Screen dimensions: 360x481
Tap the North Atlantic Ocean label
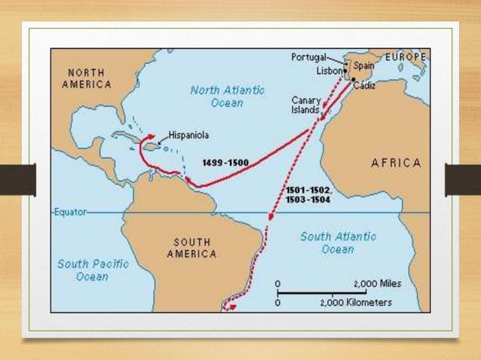[x=227, y=96]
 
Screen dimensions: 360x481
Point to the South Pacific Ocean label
[x=93, y=270]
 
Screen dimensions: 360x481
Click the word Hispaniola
[x=188, y=136]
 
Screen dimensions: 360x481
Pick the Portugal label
[x=309, y=57]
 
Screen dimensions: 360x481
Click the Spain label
[x=363, y=66]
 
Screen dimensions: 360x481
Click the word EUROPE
[x=406, y=57]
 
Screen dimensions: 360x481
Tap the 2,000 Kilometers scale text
[x=356, y=303]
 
